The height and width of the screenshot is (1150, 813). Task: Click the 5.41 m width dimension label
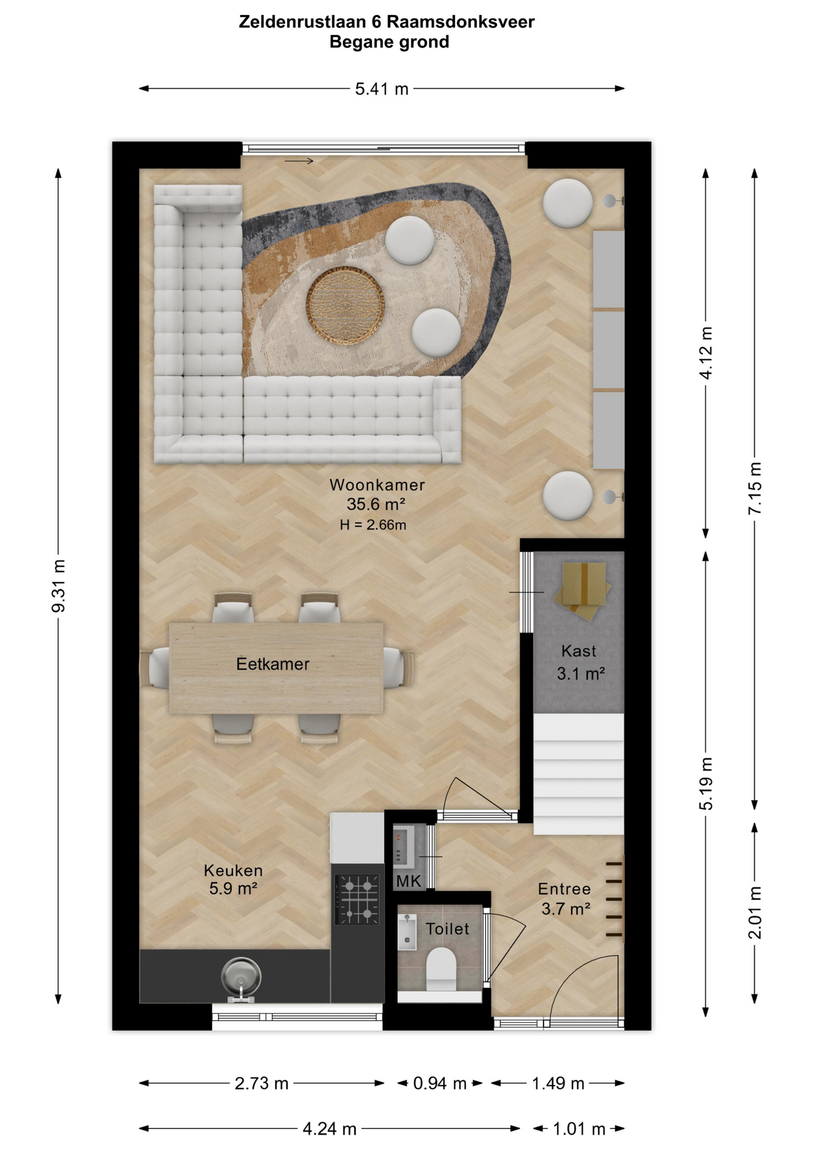(x=381, y=89)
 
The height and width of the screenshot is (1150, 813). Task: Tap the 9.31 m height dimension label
(x=59, y=586)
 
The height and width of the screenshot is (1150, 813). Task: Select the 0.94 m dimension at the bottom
(x=439, y=1084)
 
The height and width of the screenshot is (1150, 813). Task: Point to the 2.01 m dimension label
(x=755, y=912)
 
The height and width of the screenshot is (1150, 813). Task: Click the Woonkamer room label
(x=377, y=485)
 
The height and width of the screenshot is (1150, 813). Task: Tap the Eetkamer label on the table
(x=272, y=664)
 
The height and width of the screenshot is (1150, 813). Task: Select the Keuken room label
(x=233, y=870)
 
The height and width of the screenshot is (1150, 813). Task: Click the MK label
(x=409, y=881)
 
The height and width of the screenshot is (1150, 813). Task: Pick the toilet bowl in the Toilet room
(x=441, y=969)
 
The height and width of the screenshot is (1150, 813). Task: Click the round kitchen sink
(x=241, y=976)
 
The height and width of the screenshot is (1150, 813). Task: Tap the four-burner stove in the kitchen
(x=357, y=899)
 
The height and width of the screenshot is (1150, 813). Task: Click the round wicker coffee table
(x=345, y=306)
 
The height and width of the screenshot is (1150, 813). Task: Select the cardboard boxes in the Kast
(x=582, y=590)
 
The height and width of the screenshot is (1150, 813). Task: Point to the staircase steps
(x=578, y=773)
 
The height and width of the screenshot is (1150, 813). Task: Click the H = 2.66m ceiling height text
(x=373, y=525)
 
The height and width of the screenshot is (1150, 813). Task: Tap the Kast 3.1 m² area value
(x=581, y=674)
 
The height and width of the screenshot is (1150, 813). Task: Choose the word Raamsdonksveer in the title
(x=460, y=22)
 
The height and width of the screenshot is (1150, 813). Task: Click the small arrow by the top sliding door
(x=299, y=161)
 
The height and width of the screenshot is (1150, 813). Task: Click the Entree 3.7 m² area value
(x=566, y=909)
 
